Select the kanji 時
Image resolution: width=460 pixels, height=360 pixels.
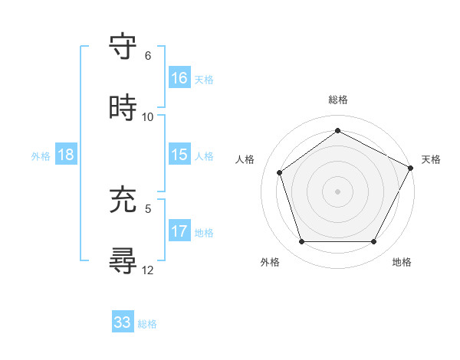pos(123,108)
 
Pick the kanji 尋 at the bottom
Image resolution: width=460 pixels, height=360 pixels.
pos(123,260)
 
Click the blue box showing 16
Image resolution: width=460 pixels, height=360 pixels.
pos(179,79)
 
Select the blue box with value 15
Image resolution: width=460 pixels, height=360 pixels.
pos(179,155)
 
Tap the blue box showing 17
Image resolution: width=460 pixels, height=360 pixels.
pos(179,231)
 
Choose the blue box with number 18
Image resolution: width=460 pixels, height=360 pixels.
pos(66,155)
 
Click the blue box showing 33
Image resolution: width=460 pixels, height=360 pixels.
pos(123,322)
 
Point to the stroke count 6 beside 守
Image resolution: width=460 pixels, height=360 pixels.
pos(148,56)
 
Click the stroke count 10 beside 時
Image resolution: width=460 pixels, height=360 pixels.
pos(148,117)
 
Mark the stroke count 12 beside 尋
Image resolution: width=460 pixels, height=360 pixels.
pos(148,270)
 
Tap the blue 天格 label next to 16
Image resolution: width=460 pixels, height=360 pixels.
pos(204,80)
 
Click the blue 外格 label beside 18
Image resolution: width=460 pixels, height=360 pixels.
pos(41,155)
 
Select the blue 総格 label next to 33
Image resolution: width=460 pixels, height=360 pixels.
pos(147,323)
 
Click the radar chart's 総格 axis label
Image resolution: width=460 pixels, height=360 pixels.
pos(337,100)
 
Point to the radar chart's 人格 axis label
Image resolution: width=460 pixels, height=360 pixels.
pos(245,159)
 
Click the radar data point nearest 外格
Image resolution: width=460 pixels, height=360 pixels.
pos(301,242)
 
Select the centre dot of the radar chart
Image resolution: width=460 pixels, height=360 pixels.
pos(337,191)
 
